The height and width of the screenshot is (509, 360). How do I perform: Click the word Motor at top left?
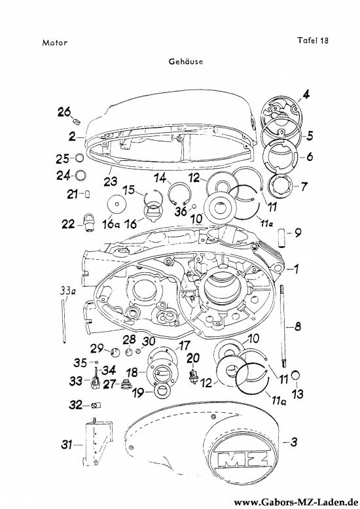[x=54, y=43]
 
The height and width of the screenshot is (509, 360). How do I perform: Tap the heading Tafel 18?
[x=313, y=41]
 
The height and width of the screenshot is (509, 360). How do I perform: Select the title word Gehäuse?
[x=186, y=61]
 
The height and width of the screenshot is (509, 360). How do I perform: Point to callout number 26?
[x=64, y=112]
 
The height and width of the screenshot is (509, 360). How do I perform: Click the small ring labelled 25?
[x=80, y=158]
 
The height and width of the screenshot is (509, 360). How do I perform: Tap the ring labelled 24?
[x=81, y=175]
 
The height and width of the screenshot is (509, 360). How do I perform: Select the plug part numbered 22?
[x=88, y=222]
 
